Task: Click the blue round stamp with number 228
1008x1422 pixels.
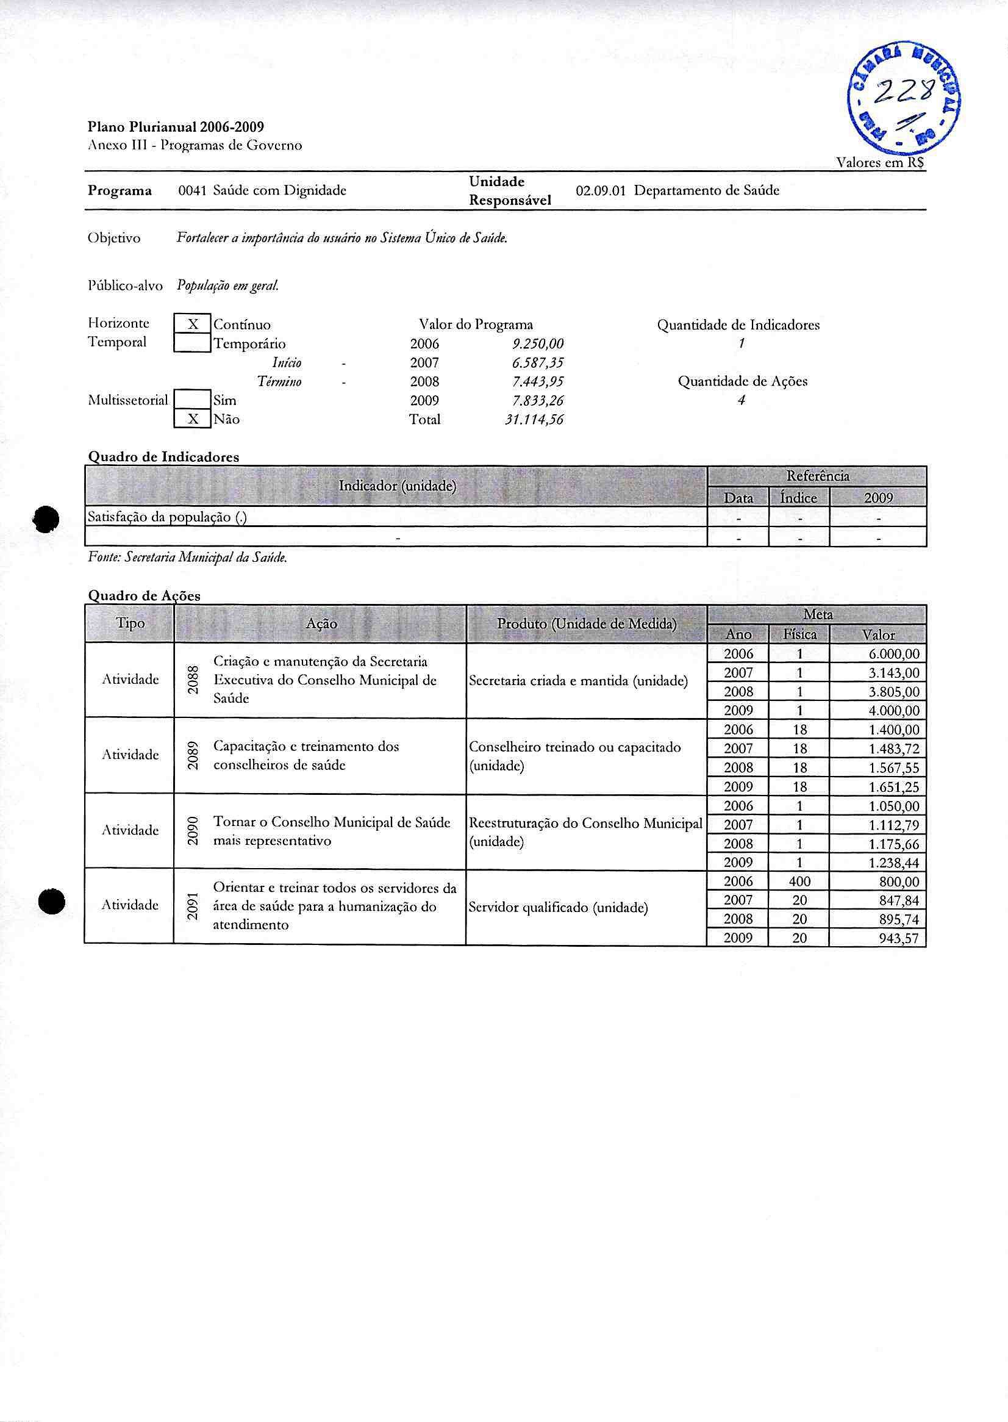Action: (904, 99)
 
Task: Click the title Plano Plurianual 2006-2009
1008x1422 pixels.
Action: (176, 127)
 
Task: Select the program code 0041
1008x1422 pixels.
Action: (192, 190)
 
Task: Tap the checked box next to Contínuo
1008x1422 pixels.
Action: (193, 324)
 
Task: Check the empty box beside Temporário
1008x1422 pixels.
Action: (193, 343)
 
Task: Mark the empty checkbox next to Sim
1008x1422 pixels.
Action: (193, 400)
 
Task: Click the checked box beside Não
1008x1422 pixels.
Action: (193, 419)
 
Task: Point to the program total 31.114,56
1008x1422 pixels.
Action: (534, 420)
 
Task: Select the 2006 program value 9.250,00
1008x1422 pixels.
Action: (537, 344)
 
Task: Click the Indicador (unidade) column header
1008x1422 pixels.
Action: (397, 486)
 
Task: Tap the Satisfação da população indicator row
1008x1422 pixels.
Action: (168, 517)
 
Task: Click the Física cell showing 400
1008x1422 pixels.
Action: (799, 882)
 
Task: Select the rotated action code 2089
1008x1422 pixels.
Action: (193, 756)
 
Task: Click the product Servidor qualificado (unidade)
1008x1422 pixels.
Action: (558, 908)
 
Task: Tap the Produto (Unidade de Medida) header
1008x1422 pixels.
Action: (587, 624)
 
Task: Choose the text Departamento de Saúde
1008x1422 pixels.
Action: (706, 190)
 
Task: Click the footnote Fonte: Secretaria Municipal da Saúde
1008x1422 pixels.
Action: (187, 558)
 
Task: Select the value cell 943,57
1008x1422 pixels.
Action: (898, 938)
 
